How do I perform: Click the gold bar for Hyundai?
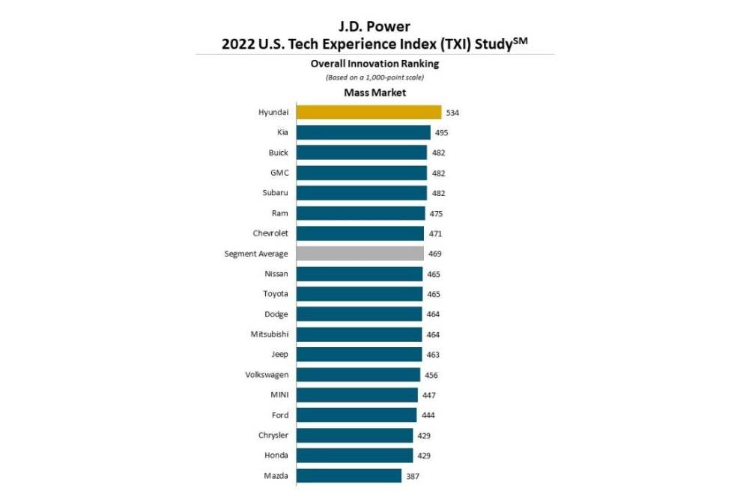(x=369, y=112)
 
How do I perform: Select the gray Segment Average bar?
(x=360, y=254)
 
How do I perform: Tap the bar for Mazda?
(x=348, y=476)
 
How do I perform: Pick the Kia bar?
(x=363, y=132)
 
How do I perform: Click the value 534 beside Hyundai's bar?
(x=452, y=113)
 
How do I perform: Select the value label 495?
(x=441, y=132)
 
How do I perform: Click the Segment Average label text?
(x=256, y=254)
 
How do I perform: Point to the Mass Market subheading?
(x=374, y=93)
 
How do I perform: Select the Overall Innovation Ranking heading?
(x=374, y=64)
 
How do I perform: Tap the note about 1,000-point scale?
(x=374, y=77)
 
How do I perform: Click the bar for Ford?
(x=357, y=415)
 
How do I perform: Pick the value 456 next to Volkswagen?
(x=431, y=375)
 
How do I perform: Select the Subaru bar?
(x=362, y=193)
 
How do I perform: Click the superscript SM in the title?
(x=519, y=39)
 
